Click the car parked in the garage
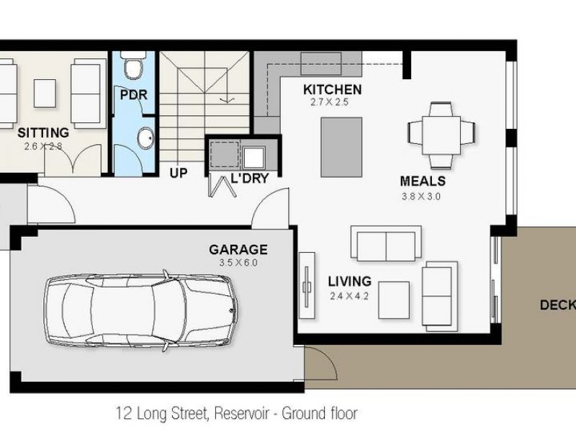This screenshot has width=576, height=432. [x=140, y=310]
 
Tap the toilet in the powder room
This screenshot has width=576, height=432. [x=133, y=66]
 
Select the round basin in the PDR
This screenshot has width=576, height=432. [x=146, y=138]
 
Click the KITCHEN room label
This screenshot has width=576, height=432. [x=332, y=89]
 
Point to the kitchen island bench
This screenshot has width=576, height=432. [x=341, y=148]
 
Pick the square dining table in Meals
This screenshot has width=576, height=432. [x=441, y=135]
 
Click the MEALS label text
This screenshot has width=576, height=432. [x=423, y=181]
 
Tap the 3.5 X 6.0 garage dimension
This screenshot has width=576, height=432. [x=238, y=263]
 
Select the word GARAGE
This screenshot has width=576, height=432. [x=238, y=250]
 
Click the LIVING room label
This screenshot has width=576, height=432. [x=349, y=282]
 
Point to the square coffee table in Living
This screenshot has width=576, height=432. [x=394, y=300]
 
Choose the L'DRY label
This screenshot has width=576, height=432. [x=249, y=178]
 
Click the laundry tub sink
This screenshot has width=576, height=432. [x=254, y=157]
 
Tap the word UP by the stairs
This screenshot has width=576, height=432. [x=179, y=173]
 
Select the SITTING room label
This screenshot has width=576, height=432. [x=43, y=132]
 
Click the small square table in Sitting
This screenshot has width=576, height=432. [x=45, y=94]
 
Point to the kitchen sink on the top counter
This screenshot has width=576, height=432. [x=321, y=63]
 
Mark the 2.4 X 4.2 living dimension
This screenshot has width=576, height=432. [x=349, y=296]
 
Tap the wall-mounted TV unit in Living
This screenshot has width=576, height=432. [x=307, y=285]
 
